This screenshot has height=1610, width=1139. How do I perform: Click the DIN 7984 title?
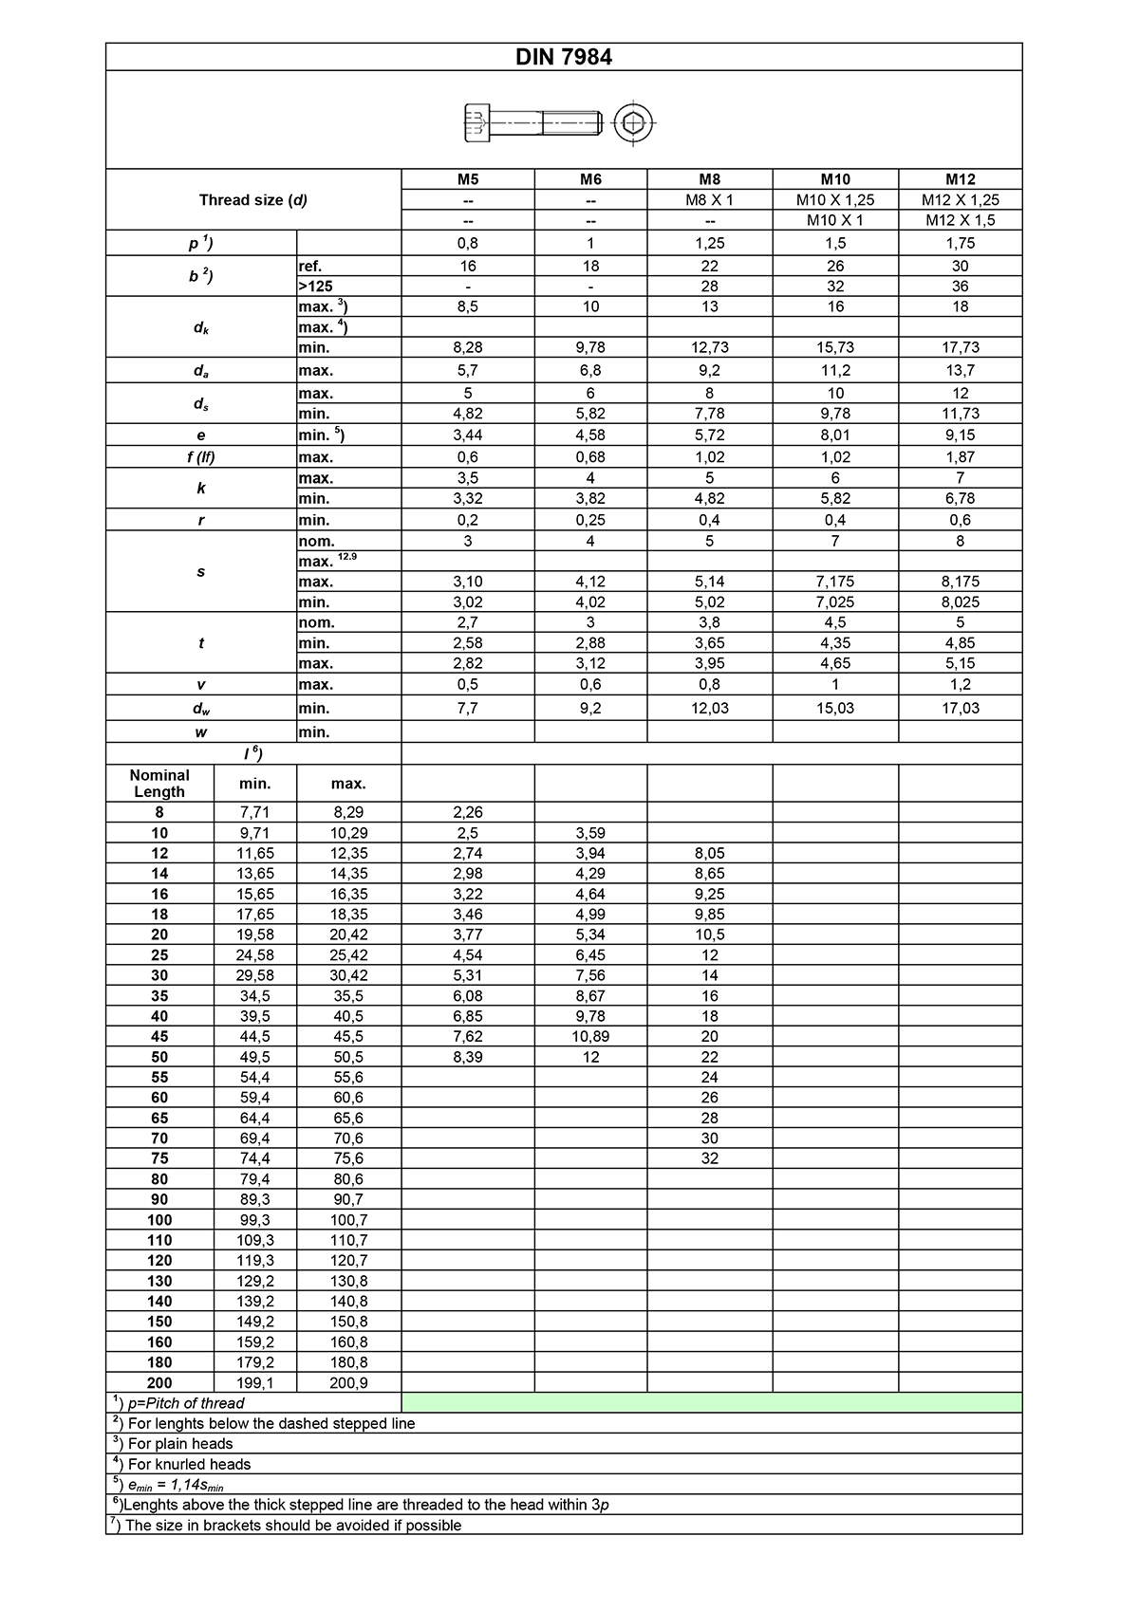point(564,57)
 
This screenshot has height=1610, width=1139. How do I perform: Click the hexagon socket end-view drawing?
point(633,123)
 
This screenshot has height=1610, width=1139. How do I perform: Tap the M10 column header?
point(835,179)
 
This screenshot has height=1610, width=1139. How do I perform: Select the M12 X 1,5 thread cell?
point(960,220)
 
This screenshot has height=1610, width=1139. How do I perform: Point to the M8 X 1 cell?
point(709,200)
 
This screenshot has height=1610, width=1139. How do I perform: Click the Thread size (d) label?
point(253,200)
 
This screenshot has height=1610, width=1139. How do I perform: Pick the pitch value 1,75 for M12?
point(960,243)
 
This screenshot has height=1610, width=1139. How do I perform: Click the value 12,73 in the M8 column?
point(709,348)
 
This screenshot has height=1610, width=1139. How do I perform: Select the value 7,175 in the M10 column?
point(835,582)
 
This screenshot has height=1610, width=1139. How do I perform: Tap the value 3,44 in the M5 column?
point(467,435)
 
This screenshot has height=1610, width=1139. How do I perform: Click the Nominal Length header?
point(159,784)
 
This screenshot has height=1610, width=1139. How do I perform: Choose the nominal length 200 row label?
point(159,1383)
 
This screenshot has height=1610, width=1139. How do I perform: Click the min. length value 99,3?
point(254,1220)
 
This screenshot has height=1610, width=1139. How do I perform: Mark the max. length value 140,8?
point(348,1302)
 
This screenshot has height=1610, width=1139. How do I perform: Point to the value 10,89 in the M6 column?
point(590,1037)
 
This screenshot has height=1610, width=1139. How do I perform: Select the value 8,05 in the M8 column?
point(709,854)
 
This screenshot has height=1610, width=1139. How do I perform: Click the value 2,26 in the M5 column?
point(467,813)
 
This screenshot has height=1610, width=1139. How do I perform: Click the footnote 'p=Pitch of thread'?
point(185,1403)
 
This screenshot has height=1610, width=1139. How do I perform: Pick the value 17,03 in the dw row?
point(960,709)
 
